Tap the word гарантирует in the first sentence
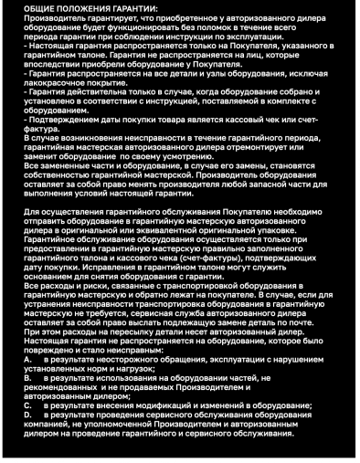(x=101, y=16)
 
